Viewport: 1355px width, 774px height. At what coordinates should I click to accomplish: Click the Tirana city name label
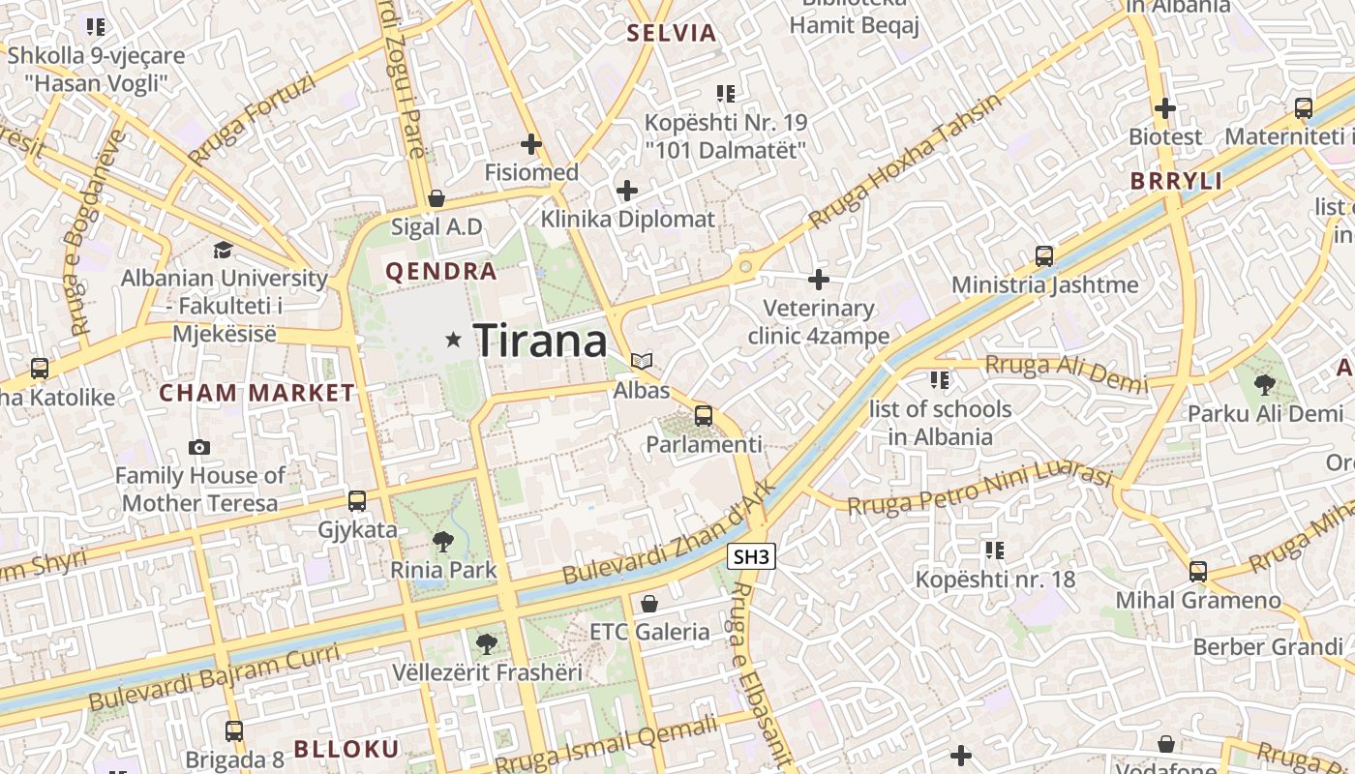point(540,341)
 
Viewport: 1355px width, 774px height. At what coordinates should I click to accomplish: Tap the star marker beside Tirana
point(453,340)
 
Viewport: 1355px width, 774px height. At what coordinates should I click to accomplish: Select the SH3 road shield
point(751,556)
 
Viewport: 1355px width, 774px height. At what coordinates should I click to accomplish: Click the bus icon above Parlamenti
point(704,416)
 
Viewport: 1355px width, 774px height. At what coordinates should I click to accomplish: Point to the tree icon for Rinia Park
point(443,541)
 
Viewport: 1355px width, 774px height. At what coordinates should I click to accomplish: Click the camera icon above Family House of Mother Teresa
point(199,447)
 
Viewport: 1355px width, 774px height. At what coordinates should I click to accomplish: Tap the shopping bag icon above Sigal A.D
point(437,198)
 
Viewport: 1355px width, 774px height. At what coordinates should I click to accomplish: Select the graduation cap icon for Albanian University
point(223,251)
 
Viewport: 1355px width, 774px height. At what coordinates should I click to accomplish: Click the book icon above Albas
point(641,361)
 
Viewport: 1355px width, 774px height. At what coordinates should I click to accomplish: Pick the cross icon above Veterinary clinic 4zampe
point(819,280)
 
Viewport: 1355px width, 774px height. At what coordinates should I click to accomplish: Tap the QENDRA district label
point(441,272)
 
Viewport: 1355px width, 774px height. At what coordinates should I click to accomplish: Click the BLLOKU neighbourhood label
point(346,749)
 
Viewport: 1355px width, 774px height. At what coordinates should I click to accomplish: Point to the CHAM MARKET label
point(256,393)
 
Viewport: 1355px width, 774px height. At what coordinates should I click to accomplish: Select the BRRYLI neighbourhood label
point(1176,181)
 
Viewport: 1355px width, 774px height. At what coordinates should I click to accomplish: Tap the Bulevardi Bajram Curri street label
point(214,677)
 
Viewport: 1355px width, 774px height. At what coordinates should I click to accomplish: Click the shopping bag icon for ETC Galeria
point(649,604)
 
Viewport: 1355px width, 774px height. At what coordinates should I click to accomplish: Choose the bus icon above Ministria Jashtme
point(1043,256)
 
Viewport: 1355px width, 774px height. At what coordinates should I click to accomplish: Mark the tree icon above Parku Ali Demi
point(1264,385)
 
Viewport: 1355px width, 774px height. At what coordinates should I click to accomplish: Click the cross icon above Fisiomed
point(531,144)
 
